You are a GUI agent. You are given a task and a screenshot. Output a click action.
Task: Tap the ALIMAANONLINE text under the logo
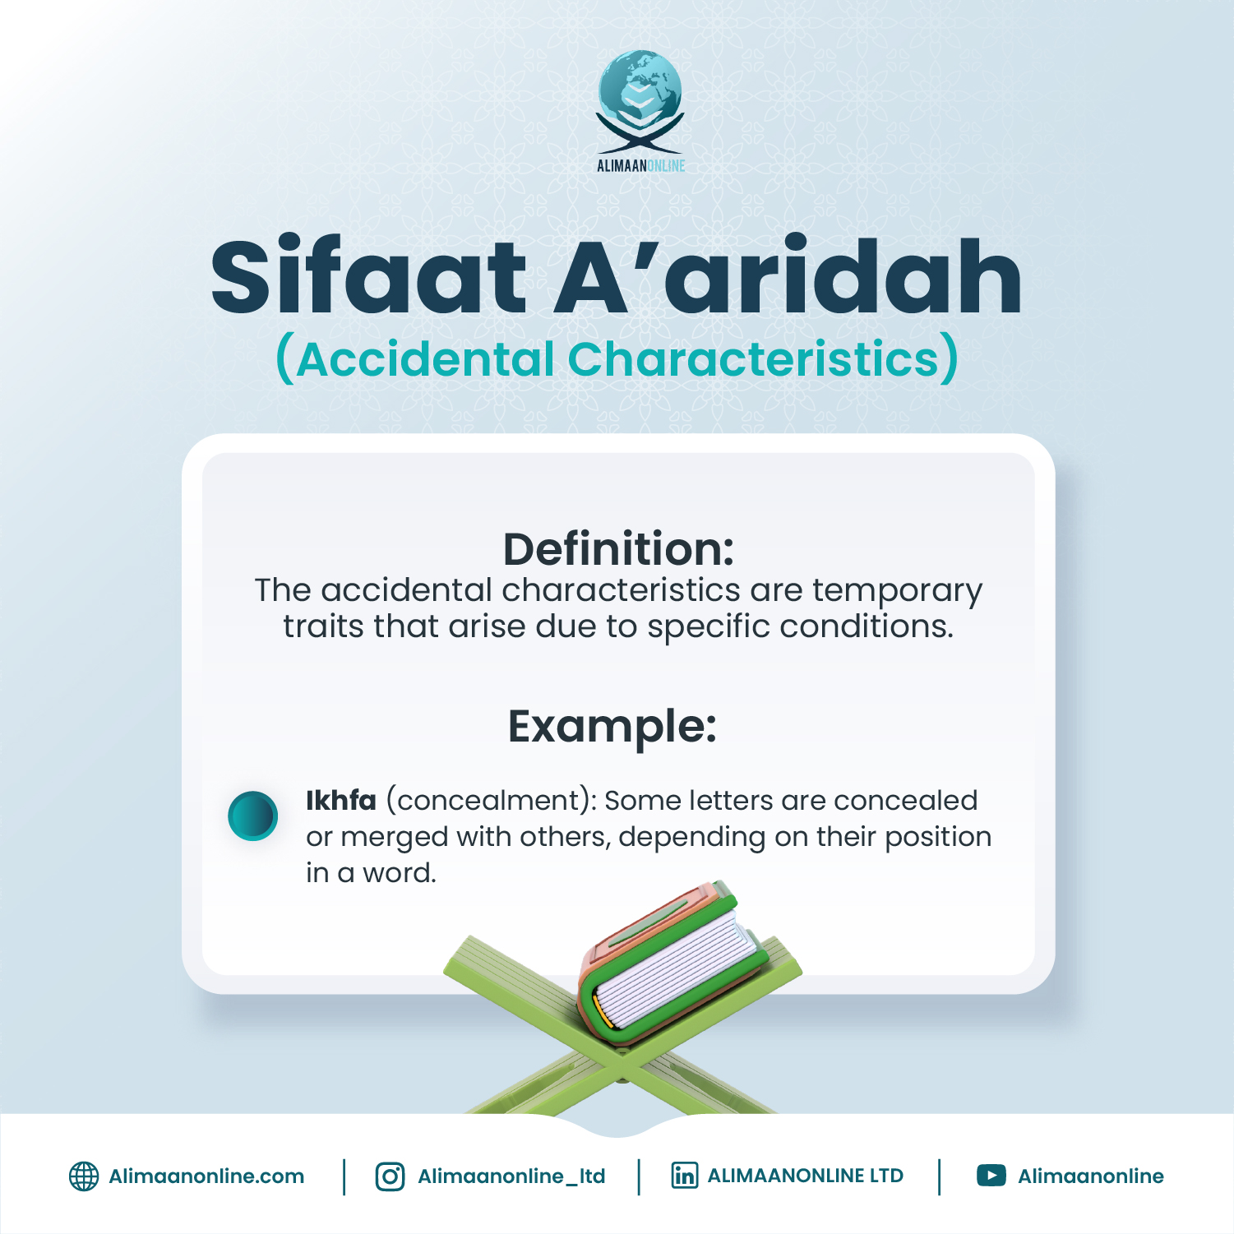(640, 165)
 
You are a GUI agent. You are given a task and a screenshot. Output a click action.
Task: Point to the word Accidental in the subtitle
(426, 359)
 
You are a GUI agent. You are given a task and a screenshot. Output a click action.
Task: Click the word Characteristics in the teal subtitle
(753, 359)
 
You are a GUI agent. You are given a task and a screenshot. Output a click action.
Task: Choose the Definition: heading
(618, 549)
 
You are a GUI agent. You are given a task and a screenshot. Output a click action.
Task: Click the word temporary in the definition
(897, 590)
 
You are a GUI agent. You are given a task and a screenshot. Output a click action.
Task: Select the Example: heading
(612, 727)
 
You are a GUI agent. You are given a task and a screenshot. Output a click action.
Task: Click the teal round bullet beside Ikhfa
(252, 816)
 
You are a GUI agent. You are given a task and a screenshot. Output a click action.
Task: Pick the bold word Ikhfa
(340, 800)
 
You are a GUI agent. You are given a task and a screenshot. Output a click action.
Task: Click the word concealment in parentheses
(489, 800)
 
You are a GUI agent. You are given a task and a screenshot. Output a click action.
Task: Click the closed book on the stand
(670, 962)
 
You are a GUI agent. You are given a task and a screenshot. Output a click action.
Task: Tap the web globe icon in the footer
(83, 1176)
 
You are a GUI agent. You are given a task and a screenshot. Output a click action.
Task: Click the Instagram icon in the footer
(390, 1176)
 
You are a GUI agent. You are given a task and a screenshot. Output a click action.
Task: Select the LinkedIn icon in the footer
(684, 1176)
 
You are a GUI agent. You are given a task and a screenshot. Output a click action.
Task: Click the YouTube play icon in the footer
(991, 1176)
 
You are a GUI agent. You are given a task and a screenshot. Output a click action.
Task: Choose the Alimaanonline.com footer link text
(206, 1176)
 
